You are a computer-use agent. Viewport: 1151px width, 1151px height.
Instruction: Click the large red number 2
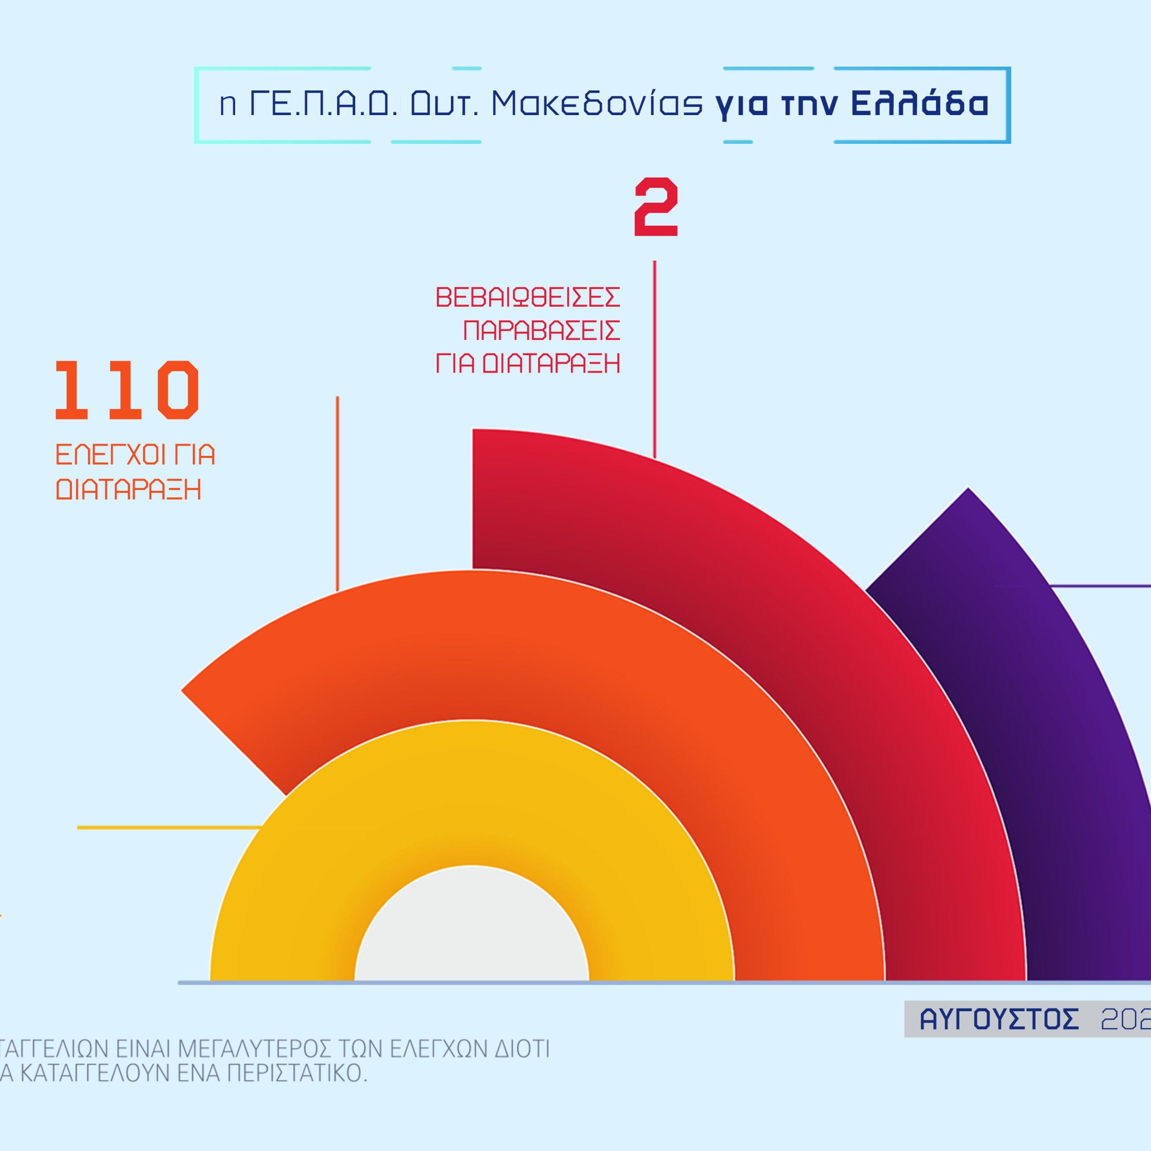point(656,207)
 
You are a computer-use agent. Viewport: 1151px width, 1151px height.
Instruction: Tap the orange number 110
point(127,390)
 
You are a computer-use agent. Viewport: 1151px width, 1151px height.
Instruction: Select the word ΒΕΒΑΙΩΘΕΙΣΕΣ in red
point(528,297)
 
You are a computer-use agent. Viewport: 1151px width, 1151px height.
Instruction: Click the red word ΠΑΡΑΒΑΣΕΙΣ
point(541,330)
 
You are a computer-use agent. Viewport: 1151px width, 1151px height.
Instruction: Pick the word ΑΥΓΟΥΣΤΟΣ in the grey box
point(999,1019)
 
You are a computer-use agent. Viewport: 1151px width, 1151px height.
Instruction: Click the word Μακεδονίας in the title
point(597,104)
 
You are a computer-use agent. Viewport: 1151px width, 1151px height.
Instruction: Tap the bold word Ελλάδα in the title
point(920,104)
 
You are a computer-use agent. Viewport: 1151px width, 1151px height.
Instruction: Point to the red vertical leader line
point(655,357)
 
